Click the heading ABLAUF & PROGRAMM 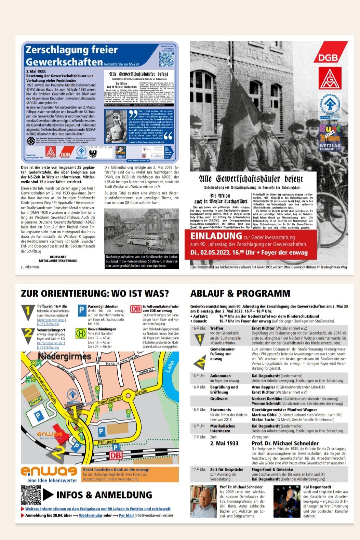(240, 293)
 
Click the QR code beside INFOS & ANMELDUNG (31, 495)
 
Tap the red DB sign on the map (116, 456)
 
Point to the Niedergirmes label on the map (65, 356)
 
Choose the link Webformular (91, 515)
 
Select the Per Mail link (126, 515)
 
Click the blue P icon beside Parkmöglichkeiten (82, 311)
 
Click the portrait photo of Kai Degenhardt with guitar (287, 501)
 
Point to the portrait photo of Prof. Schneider (204, 501)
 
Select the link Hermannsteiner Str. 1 (51, 343)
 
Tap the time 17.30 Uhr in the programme (199, 470)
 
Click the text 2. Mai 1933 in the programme (224, 443)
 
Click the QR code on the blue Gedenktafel (166, 58)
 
